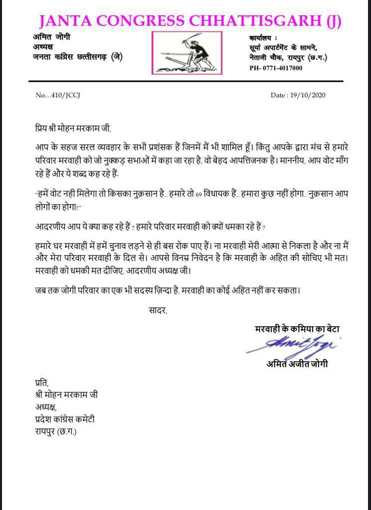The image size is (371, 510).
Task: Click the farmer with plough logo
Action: point(186,53)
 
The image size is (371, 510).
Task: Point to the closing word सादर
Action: point(158,310)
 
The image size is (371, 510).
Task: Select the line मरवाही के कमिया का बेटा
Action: point(297,329)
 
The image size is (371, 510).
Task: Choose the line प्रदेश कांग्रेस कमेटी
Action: point(61,419)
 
